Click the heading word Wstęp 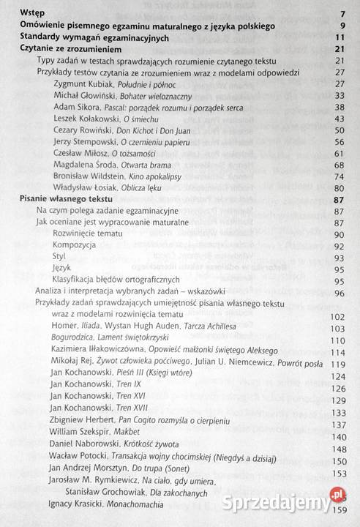(x=30, y=14)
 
